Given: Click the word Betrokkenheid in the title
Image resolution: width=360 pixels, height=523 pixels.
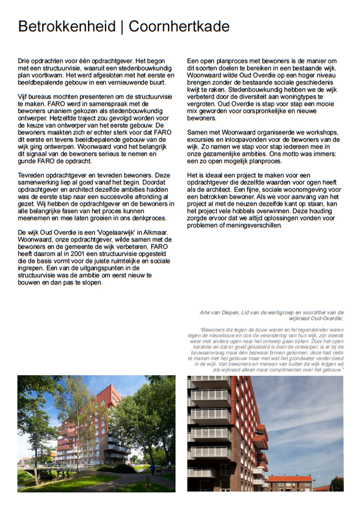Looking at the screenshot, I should pyautogui.click(x=66, y=27).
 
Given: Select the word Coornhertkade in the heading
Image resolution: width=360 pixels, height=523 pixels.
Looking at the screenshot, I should pyautogui.click(x=179, y=27).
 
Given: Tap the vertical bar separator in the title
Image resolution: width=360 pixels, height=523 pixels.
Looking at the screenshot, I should pyautogui.click(x=122, y=27).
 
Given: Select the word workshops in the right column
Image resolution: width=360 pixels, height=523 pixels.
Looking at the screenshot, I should pyautogui.click(x=321, y=132).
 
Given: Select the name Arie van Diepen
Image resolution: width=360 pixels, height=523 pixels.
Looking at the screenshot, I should pyautogui.click(x=219, y=312).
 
